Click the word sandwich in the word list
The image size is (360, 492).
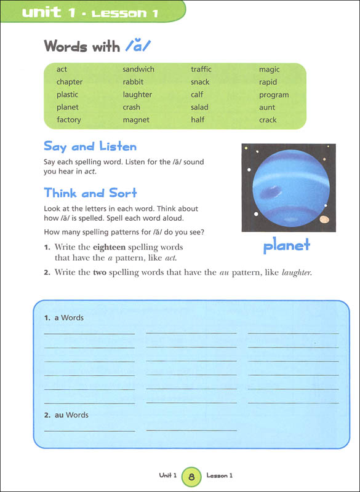pos(138,69)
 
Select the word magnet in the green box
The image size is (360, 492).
pos(136,120)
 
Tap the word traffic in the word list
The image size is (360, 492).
pos(201,69)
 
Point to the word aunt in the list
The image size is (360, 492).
pos(268,107)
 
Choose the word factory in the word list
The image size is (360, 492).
pos(69,120)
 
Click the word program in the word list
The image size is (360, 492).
pos(274,95)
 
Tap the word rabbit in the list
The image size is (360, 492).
pos(133,82)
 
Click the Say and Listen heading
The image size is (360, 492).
pos(90,147)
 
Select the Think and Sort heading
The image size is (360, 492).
pos(90,192)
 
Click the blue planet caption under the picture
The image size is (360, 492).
pos(287,246)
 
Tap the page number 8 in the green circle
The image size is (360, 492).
pos(192,476)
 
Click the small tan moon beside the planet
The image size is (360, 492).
pos(324,219)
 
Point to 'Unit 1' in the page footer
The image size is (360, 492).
pos(167,476)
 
